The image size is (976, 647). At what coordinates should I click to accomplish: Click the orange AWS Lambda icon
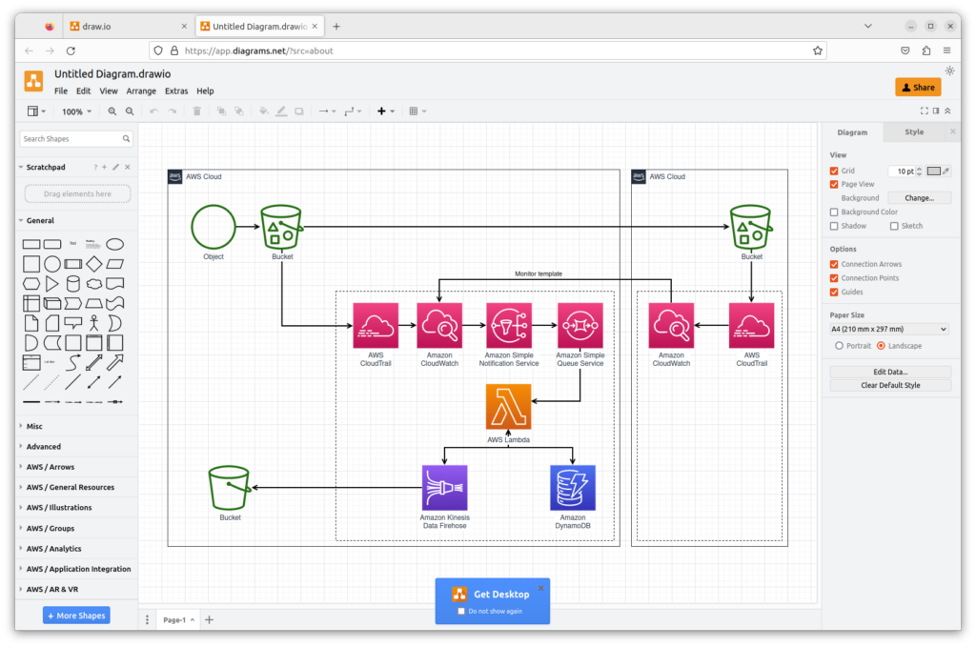[508, 407]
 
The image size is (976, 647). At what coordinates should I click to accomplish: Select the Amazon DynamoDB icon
[573, 488]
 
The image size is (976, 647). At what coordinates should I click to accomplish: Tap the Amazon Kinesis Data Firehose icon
[444, 488]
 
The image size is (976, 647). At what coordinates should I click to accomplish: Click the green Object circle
[213, 227]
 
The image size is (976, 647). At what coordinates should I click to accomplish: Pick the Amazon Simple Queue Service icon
[580, 326]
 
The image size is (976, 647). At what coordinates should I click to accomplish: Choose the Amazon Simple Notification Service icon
[509, 326]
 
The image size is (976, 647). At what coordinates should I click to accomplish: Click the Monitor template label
[539, 273]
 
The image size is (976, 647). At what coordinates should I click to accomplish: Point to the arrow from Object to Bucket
[248, 227]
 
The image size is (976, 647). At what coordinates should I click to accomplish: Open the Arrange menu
[141, 91]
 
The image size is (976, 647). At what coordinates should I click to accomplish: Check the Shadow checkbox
[834, 226]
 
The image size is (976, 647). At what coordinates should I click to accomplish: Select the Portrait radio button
[839, 345]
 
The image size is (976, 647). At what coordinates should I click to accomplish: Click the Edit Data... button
[890, 372]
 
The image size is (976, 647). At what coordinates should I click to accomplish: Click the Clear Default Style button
[890, 385]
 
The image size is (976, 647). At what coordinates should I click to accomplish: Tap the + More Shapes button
[76, 616]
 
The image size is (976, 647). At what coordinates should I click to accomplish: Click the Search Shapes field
[71, 139]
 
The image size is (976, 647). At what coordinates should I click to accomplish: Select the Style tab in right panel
[914, 132]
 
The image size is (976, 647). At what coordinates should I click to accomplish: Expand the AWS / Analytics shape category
[53, 549]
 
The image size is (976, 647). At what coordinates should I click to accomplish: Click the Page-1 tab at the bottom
[174, 620]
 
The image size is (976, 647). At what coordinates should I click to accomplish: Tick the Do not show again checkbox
[461, 611]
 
